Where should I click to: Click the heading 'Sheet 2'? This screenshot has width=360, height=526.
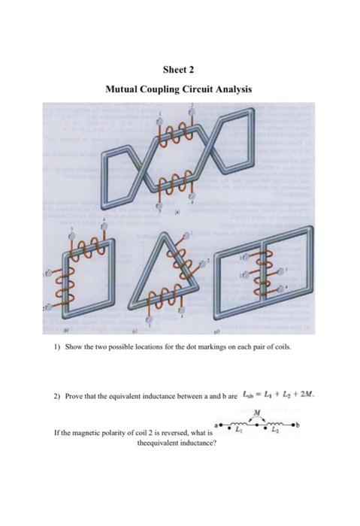(x=180, y=70)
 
